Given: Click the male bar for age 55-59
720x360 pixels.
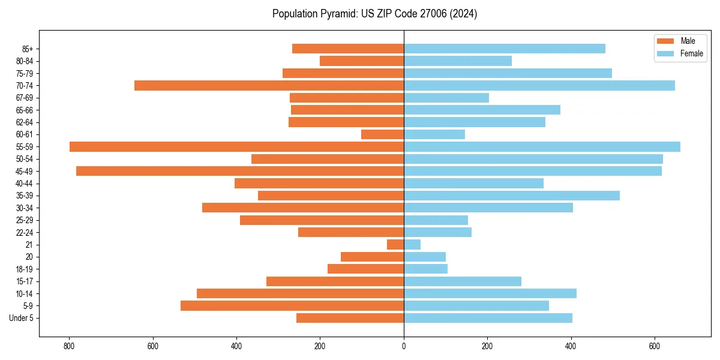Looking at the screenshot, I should point(236,146).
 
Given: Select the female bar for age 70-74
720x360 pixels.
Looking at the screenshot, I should point(539,85).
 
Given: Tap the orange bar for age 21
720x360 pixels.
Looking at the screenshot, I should point(395,244).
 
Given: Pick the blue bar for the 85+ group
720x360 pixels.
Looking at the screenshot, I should point(504,49).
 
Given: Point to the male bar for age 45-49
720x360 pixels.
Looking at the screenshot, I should point(240,171).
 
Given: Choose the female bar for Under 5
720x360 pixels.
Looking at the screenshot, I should point(488,318).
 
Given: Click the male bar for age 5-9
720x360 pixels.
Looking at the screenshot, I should point(292,305).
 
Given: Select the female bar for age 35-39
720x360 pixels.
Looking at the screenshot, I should point(511,196).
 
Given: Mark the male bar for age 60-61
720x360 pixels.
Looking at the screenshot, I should point(382,134).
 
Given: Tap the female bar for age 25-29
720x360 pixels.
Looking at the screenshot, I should point(436,220).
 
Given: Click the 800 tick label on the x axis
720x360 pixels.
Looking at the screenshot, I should point(70,346).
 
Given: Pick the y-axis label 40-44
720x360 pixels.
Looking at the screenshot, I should point(24,184).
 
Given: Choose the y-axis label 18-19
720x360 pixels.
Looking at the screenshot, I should point(24,269).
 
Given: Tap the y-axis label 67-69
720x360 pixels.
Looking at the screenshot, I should point(24,98).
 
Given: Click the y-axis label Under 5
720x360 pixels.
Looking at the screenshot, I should point(22,318).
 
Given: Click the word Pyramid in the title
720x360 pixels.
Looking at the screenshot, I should point(338,14).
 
